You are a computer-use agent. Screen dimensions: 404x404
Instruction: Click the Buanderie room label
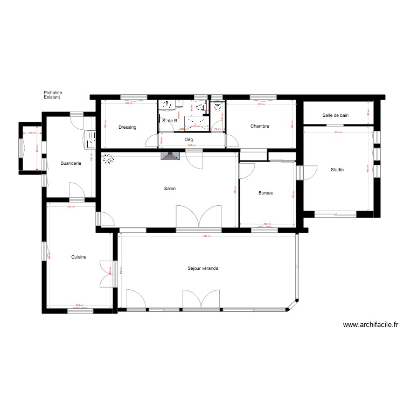coord(71,163)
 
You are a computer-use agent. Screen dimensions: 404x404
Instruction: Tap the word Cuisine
coord(79,257)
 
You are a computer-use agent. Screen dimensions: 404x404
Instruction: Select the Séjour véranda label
coord(203,268)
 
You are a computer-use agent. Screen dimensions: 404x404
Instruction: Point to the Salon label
coord(170,189)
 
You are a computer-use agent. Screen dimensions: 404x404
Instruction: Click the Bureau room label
coord(266,193)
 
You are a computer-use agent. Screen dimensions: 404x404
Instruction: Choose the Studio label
coord(337,170)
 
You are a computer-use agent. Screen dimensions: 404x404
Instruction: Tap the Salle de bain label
coord(336,115)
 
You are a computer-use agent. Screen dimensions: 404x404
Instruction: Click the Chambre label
coord(260,127)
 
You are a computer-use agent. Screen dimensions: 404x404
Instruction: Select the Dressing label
coord(127,128)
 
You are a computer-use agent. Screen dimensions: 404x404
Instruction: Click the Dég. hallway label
coord(189,140)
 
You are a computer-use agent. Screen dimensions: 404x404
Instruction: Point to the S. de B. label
coord(170,121)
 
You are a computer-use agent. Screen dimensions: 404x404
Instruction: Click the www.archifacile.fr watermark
coord(370,325)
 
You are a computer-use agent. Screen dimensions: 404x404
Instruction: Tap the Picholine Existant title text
coord(53,95)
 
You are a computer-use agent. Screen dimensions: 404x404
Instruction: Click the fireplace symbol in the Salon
coord(171,156)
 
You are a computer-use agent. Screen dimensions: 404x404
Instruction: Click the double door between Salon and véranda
coord(199,217)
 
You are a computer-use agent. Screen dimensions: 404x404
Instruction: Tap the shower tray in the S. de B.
coord(196,122)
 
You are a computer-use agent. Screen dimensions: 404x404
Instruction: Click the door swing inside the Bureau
coord(247,171)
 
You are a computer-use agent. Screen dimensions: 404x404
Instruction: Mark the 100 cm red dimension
coord(32,133)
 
